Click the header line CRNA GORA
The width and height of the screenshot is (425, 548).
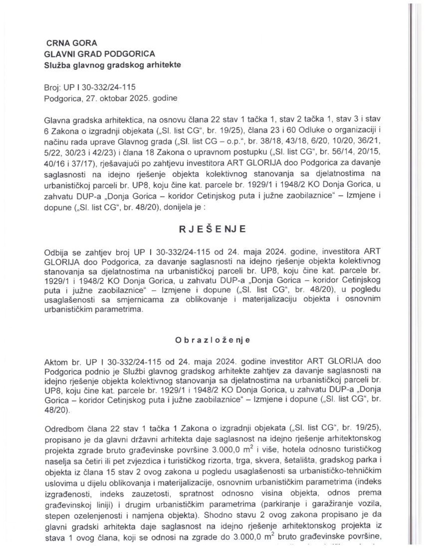pyautogui.click(x=71, y=43)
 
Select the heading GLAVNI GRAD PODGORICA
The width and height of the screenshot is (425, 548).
pyautogui.click(x=100, y=54)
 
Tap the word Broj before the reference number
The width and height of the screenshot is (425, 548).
pyautogui.click(x=52, y=88)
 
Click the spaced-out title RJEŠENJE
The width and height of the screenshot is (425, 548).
pyautogui.click(x=212, y=229)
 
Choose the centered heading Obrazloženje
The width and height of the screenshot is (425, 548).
pyautogui.click(x=212, y=340)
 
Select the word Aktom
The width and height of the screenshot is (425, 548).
pyautogui.click(x=56, y=362)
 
